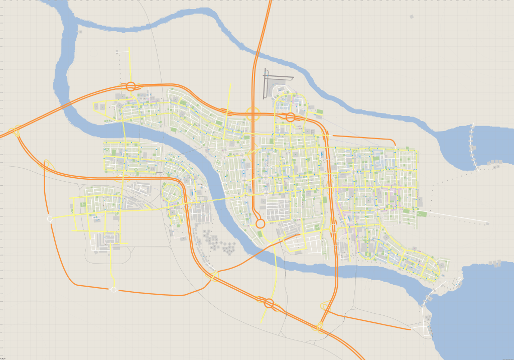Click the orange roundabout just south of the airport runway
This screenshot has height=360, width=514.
coord(290,117)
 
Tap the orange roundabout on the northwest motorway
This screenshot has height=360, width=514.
coord(131,86)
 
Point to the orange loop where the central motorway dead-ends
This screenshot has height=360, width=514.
coord(260,223)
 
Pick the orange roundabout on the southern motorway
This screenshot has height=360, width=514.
coord(269,303)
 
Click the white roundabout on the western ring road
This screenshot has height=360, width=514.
coord(50,219)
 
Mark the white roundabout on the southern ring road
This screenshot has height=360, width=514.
coord(113,290)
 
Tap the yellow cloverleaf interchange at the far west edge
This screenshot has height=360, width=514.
coord(17,132)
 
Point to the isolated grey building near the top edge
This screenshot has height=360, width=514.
coord(412,17)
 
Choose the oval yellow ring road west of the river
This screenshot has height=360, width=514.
coord(171,192)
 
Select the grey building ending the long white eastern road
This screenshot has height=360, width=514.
coord(486,222)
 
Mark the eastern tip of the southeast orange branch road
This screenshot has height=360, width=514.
coord(411,330)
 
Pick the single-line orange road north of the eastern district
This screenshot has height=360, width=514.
coord(363,138)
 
